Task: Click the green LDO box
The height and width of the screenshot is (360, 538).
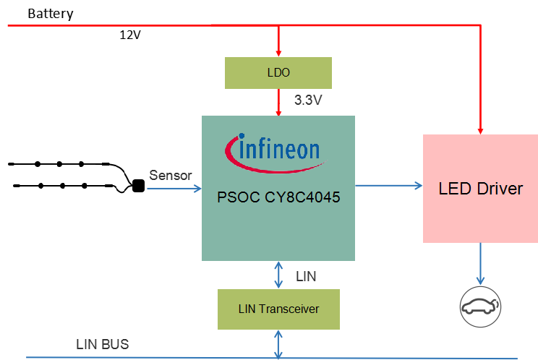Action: click(x=278, y=73)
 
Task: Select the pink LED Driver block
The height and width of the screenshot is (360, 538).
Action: click(x=480, y=189)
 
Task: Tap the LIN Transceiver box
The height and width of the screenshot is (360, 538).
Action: click(x=278, y=309)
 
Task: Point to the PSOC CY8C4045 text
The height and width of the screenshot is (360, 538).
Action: click(x=278, y=197)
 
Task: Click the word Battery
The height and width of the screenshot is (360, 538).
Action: click(x=50, y=14)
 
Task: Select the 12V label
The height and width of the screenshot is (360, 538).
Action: click(x=130, y=35)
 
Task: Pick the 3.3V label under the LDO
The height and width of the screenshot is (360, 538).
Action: click(x=307, y=100)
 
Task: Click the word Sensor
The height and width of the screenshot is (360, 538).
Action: click(x=171, y=175)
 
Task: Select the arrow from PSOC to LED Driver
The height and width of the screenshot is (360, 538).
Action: click(x=388, y=186)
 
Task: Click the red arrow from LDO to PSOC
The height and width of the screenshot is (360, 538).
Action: click(x=279, y=102)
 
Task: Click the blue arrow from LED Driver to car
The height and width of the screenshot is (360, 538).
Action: click(x=480, y=264)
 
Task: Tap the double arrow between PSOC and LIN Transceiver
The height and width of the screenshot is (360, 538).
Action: click(x=279, y=275)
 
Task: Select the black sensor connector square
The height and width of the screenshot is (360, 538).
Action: click(x=137, y=187)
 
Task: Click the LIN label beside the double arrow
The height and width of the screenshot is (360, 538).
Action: click(x=306, y=275)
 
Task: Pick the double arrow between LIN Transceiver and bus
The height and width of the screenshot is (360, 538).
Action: click(x=279, y=343)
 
